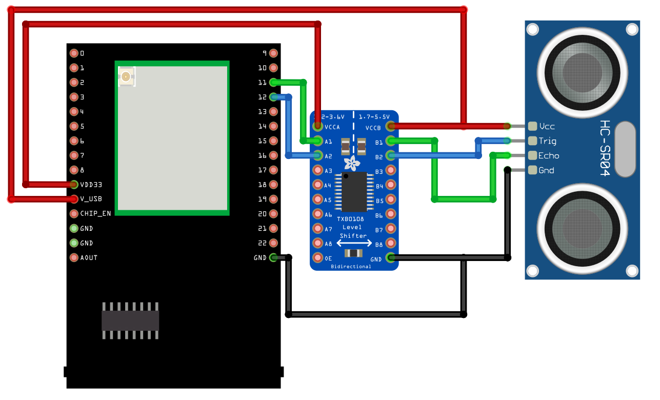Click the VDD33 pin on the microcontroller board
click(x=74, y=184)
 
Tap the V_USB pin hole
click(x=74, y=199)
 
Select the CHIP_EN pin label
click(x=95, y=213)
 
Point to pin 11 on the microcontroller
click(x=273, y=82)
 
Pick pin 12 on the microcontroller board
click(x=273, y=96)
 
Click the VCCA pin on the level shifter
click(x=317, y=126)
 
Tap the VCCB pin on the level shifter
click(x=391, y=126)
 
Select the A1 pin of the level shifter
click(x=317, y=141)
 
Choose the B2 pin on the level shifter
click(x=391, y=156)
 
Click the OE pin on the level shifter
click(x=317, y=258)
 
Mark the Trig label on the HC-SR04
click(x=547, y=141)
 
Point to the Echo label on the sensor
click(x=548, y=156)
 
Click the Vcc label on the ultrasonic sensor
click(x=547, y=126)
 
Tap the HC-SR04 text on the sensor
click(x=606, y=149)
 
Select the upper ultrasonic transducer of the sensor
click(x=582, y=72)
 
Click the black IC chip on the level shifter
click(x=354, y=192)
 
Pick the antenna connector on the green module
click(x=126, y=77)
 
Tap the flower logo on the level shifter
click(x=353, y=164)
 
